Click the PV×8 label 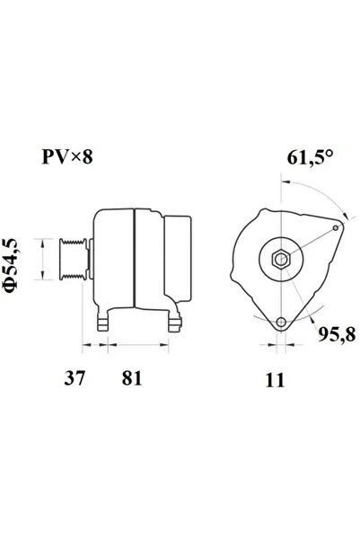pyautogui.click(x=67, y=157)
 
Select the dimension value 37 pyautogui.click(x=75, y=378)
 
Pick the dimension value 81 pyautogui.click(x=132, y=378)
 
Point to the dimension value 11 pyautogui.click(x=275, y=380)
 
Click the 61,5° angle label pyautogui.click(x=310, y=158)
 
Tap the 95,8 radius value pyautogui.click(x=337, y=334)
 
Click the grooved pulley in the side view pyautogui.click(x=74, y=259)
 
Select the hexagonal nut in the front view pyautogui.click(x=281, y=259)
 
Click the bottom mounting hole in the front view pyautogui.click(x=282, y=323)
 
